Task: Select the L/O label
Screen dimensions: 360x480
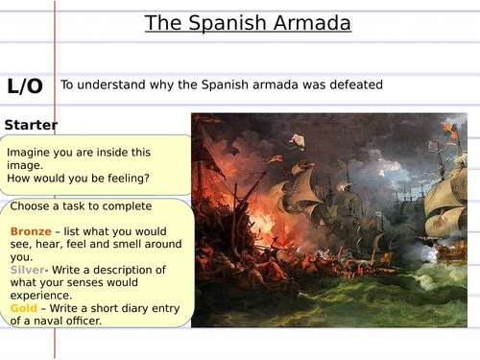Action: (x=25, y=85)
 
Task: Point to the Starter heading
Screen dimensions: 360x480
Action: (x=31, y=125)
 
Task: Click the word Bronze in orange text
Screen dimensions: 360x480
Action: (x=32, y=232)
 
